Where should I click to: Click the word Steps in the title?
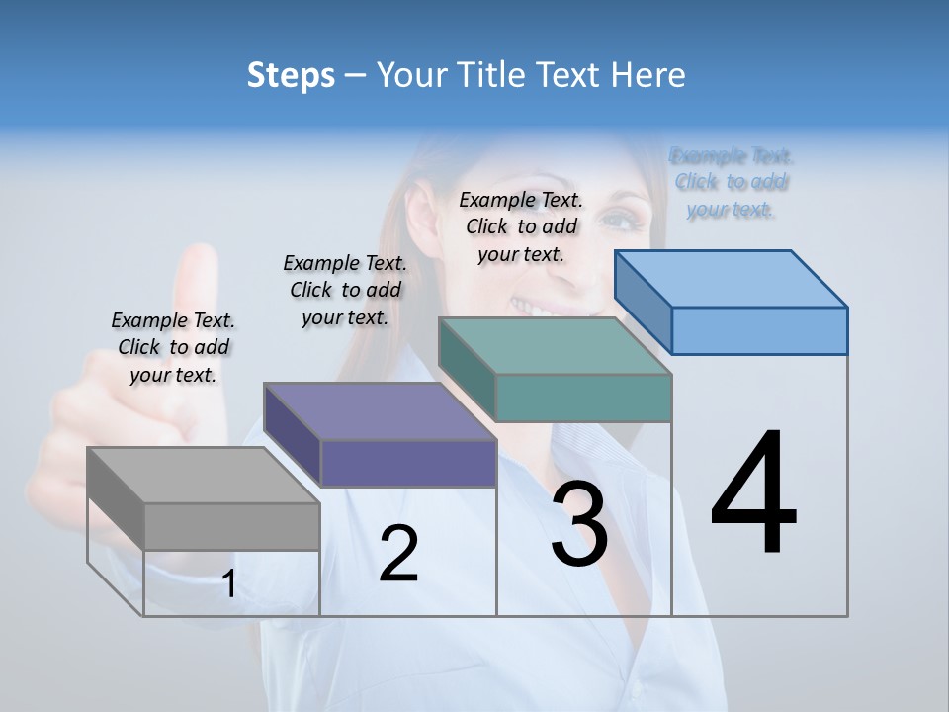pyautogui.click(x=290, y=75)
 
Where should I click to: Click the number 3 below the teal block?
pyautogui.click(x=579, y=524)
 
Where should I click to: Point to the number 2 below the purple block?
pyautogui.click(x=398, y=554)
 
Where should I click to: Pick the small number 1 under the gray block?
pyautogui.click(x=228, y=584)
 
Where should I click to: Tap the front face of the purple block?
pyautogui.click(x=408, y=463)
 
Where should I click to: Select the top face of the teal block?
pyautogui.click(x=554, y=346)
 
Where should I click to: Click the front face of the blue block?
pyautogui.click(x=759, y=330)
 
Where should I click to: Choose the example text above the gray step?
pyautogui.click(x=173, y=347)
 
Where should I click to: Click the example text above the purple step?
pyautogui.click(x=345, y=290)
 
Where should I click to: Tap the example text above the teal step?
pyautogui.click(x=521, y=226)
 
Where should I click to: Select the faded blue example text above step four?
pyautogui.click(x=732, y=182)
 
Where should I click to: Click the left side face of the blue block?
pyautogui.click(x=644, y=301)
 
